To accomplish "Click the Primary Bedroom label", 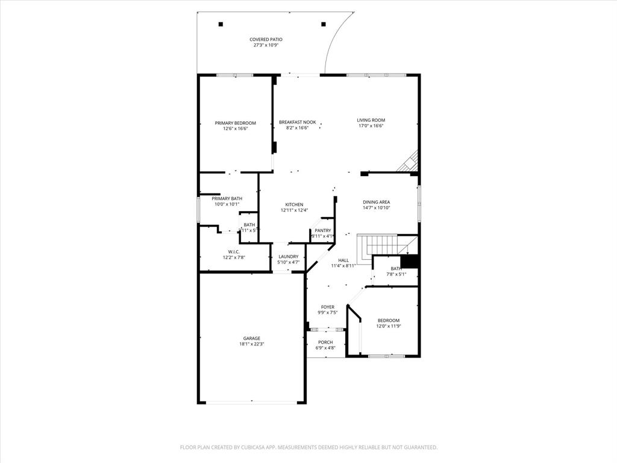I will (236, 123).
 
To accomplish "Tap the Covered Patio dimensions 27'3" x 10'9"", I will (266, 45).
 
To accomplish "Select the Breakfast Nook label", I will (297, 122).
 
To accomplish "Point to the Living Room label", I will (371, 120).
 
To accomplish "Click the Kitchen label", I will (294, 204).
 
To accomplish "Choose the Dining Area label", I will (376, 202).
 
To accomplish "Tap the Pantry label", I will (322, 230).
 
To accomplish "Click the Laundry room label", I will (288, 257).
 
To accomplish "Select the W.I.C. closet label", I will (234, 251).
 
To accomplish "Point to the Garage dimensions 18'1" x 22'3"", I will (251, 344).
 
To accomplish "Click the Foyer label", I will (327, 307).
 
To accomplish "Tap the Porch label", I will (325, 342).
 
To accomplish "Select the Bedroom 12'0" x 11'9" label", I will (388, 321).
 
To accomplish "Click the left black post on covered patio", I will (221, 24).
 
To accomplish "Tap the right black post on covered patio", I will (324, 24).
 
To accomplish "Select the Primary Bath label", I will (227, 198).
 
